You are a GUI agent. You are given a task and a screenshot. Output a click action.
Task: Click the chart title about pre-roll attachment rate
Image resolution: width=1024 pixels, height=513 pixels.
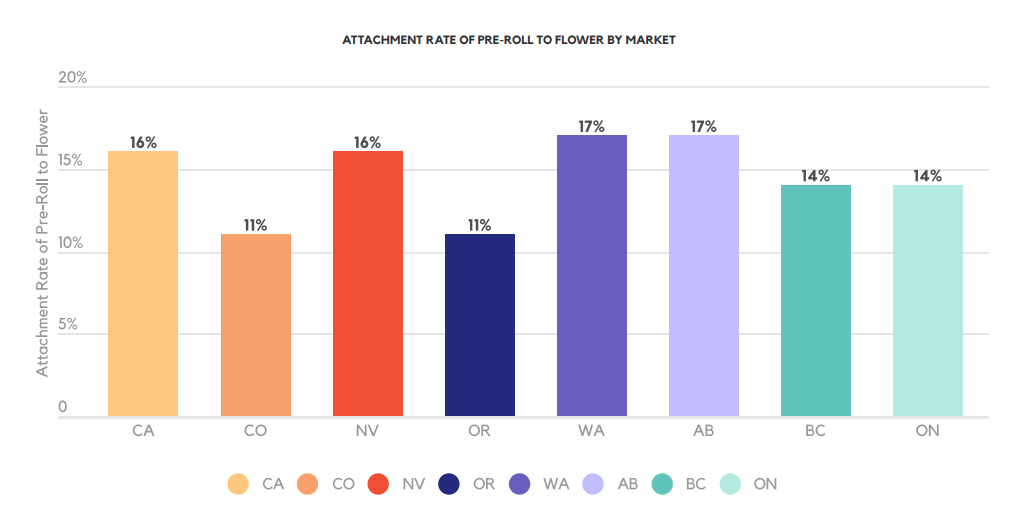tap(509, 41)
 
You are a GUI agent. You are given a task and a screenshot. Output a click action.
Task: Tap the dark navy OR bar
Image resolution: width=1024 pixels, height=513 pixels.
tap(480, 325)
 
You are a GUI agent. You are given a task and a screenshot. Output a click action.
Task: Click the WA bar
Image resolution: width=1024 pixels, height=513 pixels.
tap(592, 275)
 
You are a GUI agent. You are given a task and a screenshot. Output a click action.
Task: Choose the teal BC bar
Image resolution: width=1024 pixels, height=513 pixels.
tap(816, 300)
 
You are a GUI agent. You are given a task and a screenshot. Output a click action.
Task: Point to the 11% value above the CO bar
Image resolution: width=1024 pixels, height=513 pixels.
tap(255, 226)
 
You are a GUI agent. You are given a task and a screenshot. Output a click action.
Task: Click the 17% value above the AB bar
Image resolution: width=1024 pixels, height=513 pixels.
tap(704, 127)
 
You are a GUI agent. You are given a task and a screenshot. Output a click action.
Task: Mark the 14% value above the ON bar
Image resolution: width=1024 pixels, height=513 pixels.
tap(928, 177)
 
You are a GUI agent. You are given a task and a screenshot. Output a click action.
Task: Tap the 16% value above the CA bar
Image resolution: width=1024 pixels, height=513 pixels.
tap(143, 143)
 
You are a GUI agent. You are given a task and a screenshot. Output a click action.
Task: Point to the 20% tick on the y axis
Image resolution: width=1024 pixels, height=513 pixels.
tap(73, 78)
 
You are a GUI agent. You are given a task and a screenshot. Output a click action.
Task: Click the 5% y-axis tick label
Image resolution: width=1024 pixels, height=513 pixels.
tap(67, 325)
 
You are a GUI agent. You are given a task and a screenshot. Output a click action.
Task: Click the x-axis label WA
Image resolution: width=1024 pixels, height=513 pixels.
tap(592, 431)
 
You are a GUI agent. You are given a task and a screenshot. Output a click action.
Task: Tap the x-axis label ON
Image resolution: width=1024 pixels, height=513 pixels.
tap(928, 431)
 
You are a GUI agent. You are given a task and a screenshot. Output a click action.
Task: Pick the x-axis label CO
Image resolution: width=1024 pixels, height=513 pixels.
tap(255, 431)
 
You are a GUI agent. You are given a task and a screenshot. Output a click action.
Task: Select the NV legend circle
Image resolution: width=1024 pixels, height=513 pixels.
tap(378, 484)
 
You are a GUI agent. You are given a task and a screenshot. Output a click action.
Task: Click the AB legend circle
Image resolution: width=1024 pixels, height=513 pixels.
tap(593, 484)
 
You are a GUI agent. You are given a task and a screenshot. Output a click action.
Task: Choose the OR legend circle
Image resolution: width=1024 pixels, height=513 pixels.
tap(450, 484)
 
